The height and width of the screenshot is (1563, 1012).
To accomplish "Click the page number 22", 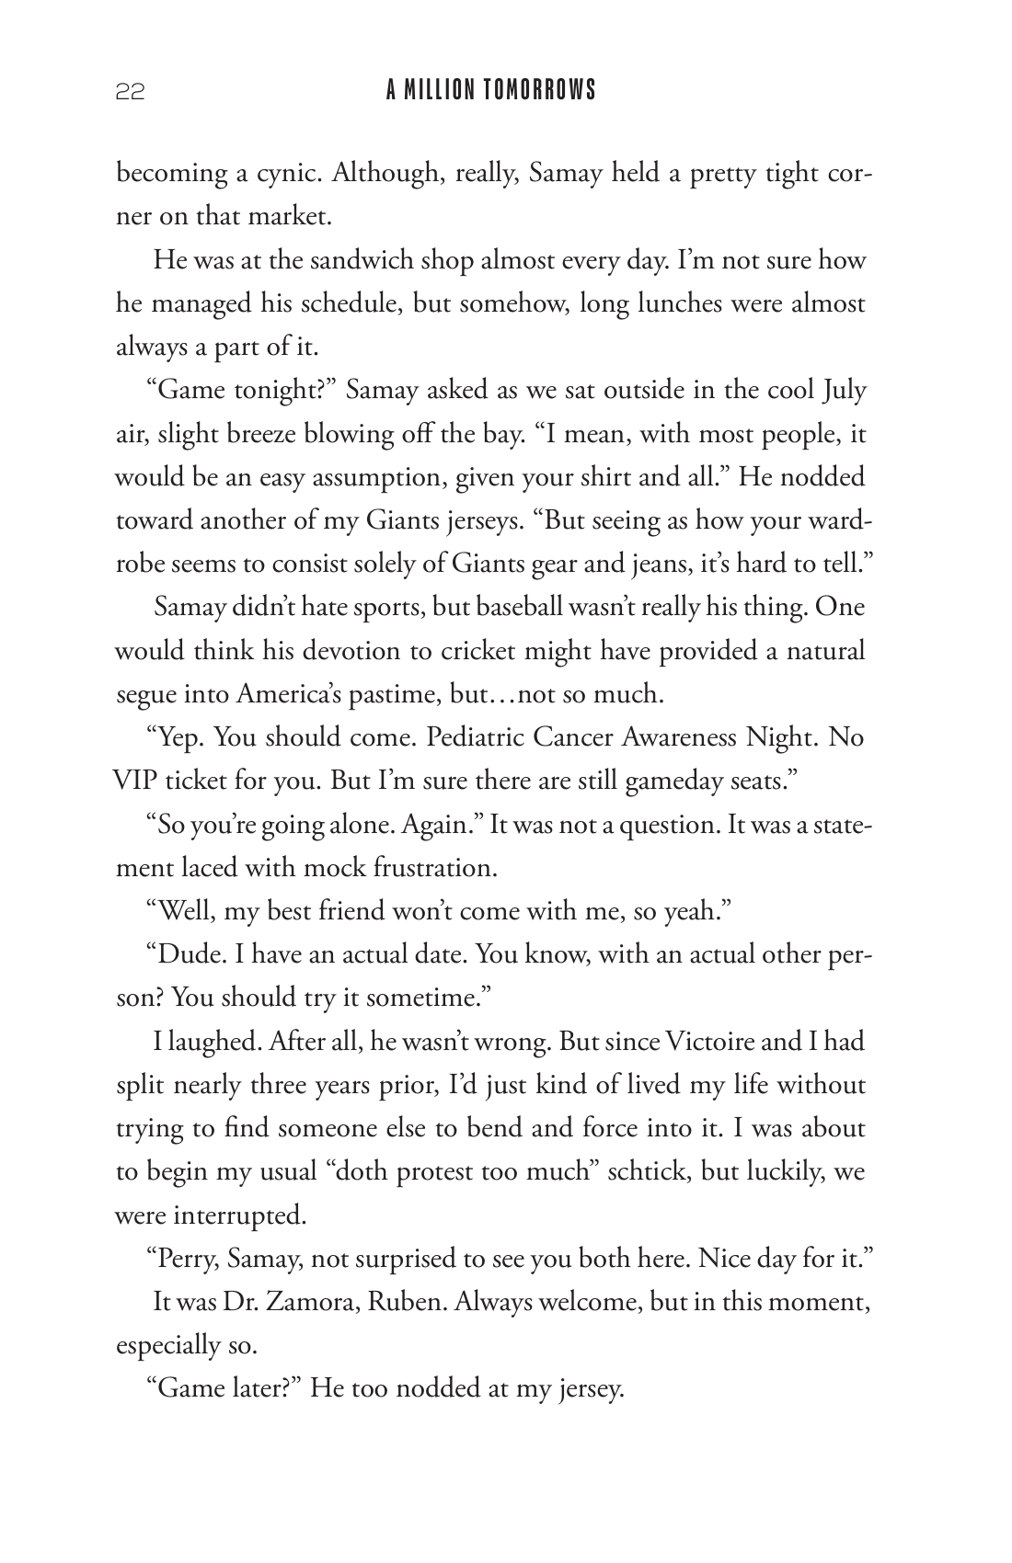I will (x=130, y=91).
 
